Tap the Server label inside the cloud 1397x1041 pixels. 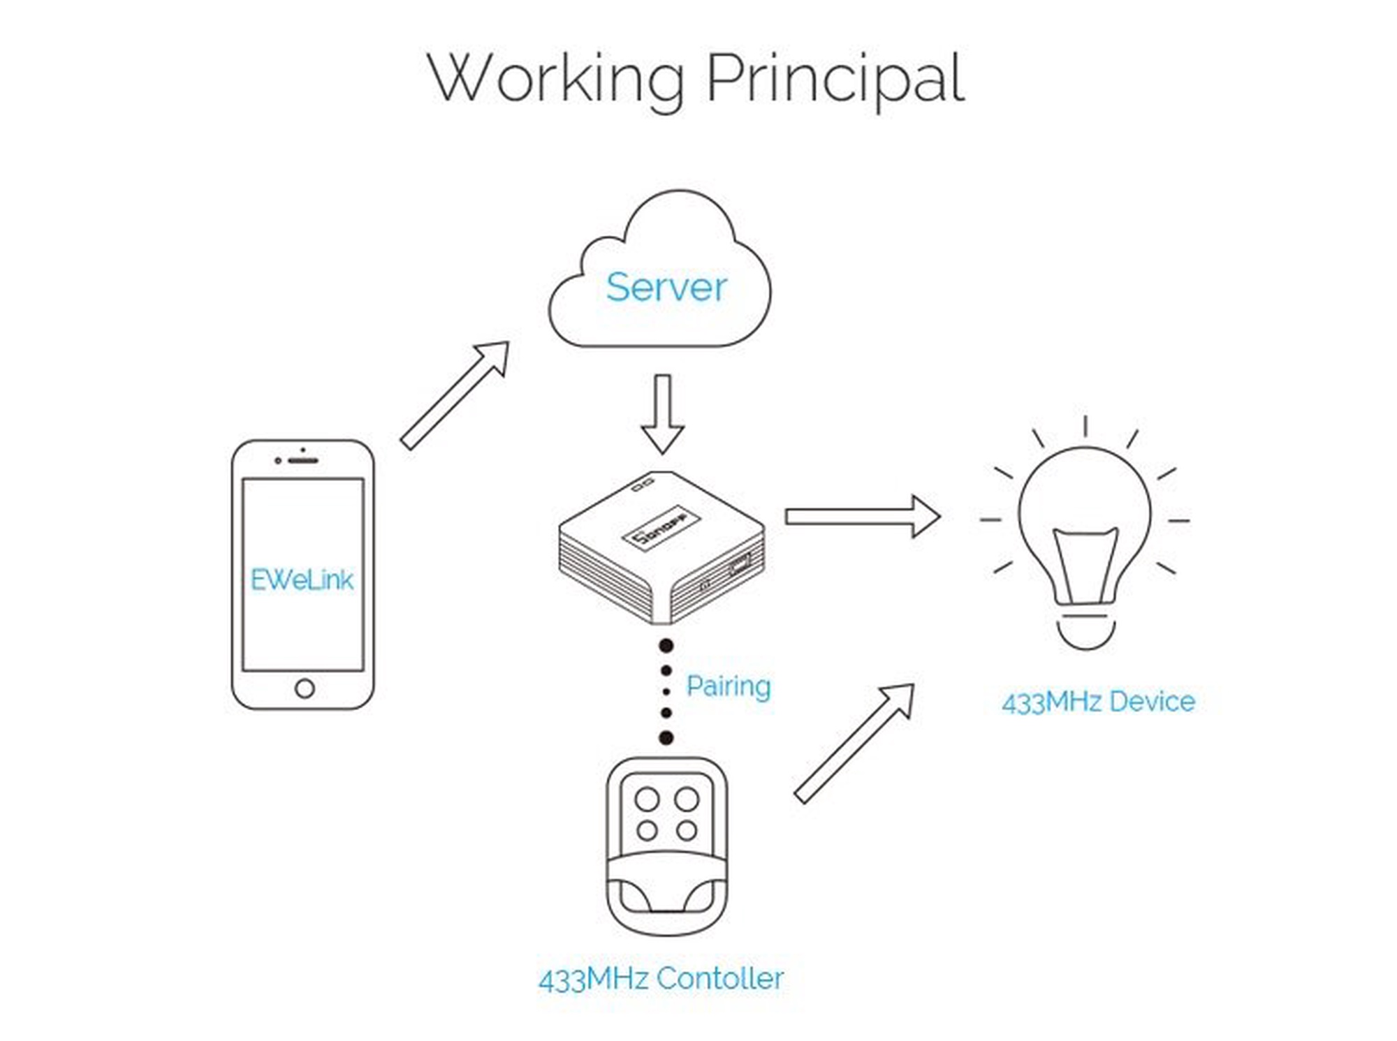pyautogui.click(x=666, y=287)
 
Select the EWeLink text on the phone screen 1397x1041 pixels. pyautogui.click(x=302, y=579)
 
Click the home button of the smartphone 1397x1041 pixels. pyautogui.click(x=305, y=688)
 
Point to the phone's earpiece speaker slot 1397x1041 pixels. pyautogui.click(x=303, y=461)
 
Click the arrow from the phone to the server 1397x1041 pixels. pyautogui.click(x=455, y=395)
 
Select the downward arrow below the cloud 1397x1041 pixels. pyautogui.click(x=662, y=414)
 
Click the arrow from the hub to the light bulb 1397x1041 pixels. pyautogui.click(x=863, y=517)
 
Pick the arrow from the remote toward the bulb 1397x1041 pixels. pyautogui.click(x=854, y=744)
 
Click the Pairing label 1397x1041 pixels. pyautogui.click(x=729, y=687)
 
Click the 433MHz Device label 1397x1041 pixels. pyautogui.click(x=1098, y=702)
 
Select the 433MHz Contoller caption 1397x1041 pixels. pyautogui.click(x=661, y=979)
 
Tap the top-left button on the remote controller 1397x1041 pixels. pyautogui.click(x=647, y=799)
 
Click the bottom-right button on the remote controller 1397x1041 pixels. pyautogui.click(x=687, y=830)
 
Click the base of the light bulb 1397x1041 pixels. pyautogui.click(x=1085, y=632)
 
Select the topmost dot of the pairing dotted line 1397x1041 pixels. pyautogui.click(x=666, y=646)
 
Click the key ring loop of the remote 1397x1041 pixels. pyautogui.click(x=666, y=901)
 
